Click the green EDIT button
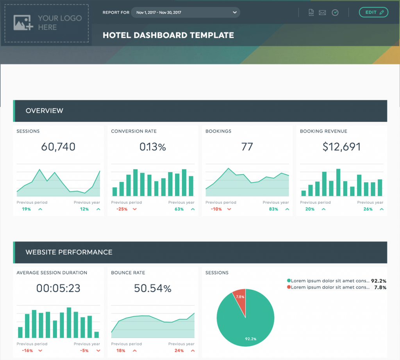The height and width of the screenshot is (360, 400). coord(373,12)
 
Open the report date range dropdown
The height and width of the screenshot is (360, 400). coord(186,12)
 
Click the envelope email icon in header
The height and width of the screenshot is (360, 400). coord(322,12)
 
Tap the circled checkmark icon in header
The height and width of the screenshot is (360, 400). coord(335,12)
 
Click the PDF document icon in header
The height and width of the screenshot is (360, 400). coord(311,12)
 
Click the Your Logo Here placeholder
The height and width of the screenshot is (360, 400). coord(46,23)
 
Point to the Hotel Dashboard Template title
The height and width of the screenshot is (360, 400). coord(168,35)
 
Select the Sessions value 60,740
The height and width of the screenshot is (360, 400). coord(58,147)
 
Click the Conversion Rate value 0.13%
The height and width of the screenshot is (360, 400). coord(153,147)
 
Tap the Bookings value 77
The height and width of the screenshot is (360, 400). coord(247,147)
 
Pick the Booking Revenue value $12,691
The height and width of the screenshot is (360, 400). coord(342,147)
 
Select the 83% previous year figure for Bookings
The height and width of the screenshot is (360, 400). coord(273,209)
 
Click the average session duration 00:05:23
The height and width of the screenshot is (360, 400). coord(58,288)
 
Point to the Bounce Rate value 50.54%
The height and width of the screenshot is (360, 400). coord(153,288)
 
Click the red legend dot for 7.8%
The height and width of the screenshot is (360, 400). coord(289,287)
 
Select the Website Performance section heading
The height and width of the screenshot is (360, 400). coord(69,252)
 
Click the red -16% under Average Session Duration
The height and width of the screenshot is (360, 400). coord(28,351)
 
